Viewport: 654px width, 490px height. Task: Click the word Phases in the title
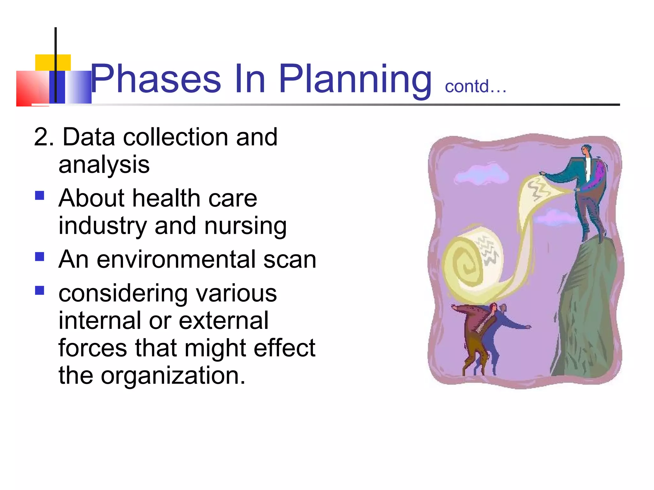pos(156,79)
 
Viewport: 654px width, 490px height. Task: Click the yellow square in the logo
pos(53,63)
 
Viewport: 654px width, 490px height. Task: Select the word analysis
pos(104,165)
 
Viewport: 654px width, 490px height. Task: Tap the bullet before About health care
pos(40,195)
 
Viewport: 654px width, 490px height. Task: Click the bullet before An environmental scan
pos(40,256)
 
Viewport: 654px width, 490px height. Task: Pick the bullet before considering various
pos(40,290)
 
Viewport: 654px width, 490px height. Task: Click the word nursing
pos(245,226)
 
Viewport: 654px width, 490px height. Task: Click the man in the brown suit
pos(473,335)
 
